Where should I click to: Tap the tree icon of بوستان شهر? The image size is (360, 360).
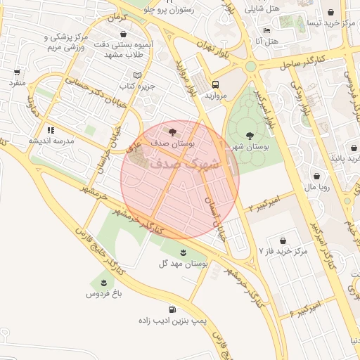(250, 135)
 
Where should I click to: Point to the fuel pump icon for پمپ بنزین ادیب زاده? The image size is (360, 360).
(172, 309)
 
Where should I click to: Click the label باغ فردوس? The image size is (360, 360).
(105, 293)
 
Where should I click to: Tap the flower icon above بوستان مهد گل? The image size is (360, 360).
(184, 252)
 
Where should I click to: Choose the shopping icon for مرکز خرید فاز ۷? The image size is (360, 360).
(283, 240)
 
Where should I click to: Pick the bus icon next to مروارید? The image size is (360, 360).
(214, 83)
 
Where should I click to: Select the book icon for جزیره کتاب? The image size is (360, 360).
(137, 75)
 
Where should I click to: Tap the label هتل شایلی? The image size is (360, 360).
(263, 10)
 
